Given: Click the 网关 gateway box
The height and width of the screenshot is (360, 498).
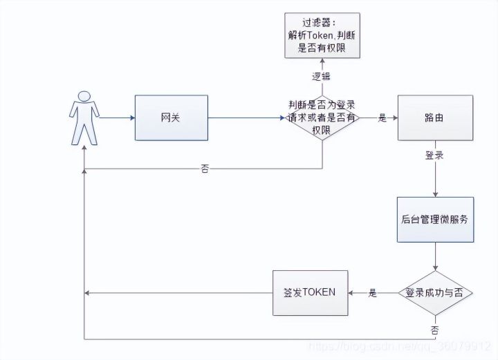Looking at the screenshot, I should coord(170,118).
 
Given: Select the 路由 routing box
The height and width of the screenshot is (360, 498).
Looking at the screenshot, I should coord(435,118).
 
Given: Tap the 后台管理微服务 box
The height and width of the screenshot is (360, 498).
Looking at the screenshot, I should coord(435,220).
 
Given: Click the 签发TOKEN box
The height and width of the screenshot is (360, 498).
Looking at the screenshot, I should coord(309,292).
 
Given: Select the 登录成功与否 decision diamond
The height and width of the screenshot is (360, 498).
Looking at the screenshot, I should coord(435,292).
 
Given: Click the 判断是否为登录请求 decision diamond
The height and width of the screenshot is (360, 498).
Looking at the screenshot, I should coord(322,117).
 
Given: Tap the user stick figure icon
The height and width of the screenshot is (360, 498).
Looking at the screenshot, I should coord(83,117).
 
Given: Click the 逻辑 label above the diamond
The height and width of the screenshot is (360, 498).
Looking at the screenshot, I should coord(322,77).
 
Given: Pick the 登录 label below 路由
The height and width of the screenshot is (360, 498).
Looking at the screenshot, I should coord(434,155).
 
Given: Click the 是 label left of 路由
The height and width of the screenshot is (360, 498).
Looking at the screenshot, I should coord(382,118).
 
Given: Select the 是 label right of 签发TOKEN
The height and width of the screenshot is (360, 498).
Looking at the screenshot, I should coord(373,293).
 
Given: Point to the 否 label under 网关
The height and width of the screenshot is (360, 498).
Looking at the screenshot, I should coord(205,168).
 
